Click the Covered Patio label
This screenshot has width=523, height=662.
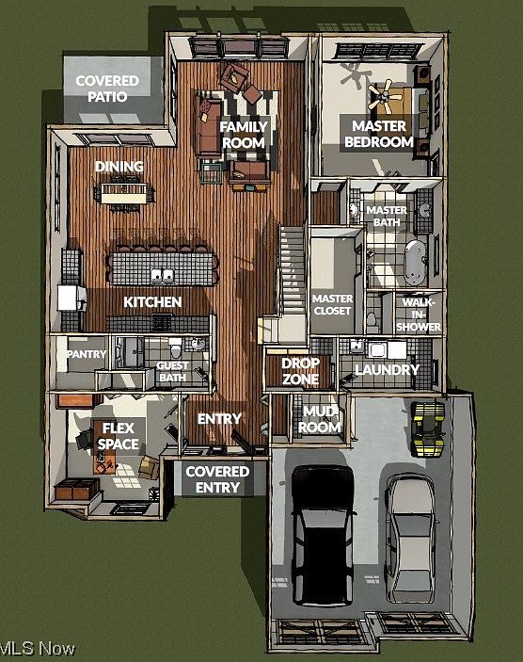[106, 89]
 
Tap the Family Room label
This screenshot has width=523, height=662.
[244, 135]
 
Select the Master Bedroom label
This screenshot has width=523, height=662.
[378, 134]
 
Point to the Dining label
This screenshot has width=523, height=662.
[119, 167]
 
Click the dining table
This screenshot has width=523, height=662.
[125, 194]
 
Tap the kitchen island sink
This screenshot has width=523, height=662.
[162, 276]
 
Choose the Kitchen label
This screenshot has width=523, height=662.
[152, 302]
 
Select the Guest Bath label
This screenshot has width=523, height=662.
[172, 372]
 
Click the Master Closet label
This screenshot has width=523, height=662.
[331, 305]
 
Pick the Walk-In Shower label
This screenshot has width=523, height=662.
[420, 315]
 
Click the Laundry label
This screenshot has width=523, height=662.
[386, 370]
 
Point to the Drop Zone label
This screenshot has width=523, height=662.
[301, 371]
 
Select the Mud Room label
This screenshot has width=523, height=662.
[319, 418]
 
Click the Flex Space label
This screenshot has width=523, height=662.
[119, 436]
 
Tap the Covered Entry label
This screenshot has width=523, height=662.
[217, 479]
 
